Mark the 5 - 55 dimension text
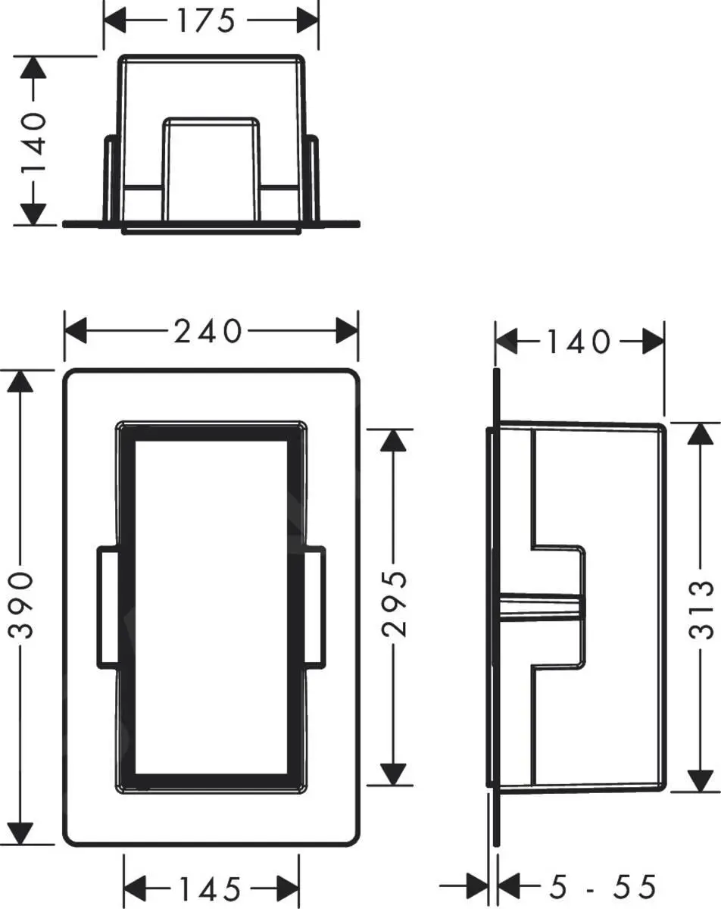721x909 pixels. [x=591, y=886]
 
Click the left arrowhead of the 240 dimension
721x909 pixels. [x=76, y=331]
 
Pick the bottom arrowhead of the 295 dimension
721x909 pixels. [x=392, y=774]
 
